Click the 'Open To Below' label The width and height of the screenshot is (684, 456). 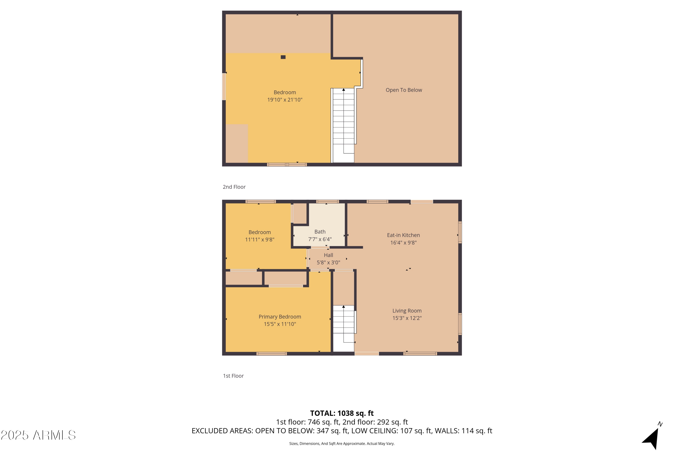coord(404,90)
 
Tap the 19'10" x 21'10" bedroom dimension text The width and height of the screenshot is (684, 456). coord(285,100)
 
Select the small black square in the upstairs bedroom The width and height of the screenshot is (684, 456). coord(283,57)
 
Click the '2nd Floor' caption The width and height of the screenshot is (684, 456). coord(234,187)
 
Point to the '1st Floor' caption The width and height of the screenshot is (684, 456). coord(233,376)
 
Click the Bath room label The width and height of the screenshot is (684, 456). coord(320,232)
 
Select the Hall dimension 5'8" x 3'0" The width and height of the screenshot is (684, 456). coord(328,263)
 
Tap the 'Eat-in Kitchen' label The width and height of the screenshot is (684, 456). coord(403,235)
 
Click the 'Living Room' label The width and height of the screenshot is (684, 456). coord(407,311)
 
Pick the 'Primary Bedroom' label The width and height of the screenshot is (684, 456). coord(280,317)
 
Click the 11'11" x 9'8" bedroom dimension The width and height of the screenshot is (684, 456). coord(260,240)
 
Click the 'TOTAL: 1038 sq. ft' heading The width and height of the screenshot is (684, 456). coord(342,413)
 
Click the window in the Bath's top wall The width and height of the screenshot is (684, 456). coord(327,202)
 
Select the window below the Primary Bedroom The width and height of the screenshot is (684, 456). coord(271,354)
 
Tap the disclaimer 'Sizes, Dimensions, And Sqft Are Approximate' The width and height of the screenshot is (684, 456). coord(342,444)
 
